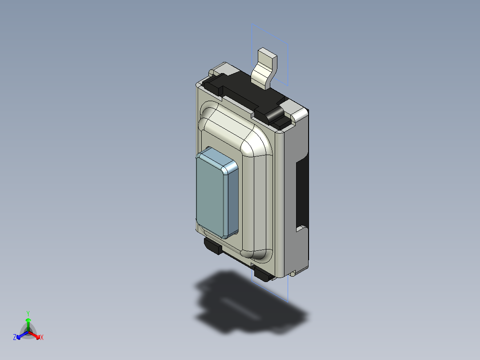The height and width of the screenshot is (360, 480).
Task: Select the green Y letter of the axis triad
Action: pyautogui.click(x=28, y=313)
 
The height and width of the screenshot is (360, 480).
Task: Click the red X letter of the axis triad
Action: pyautogui.click(x=41, y=338)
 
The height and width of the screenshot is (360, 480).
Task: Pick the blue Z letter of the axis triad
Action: pyautogui.click(x=15, y=337)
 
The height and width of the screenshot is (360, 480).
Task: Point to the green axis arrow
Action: pyautogui.click(x=28, y=323)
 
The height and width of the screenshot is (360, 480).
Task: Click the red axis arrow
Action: pyautogui.click(x=35, y=334)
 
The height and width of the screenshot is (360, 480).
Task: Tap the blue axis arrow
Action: pyautogui.click(x=20, y=334)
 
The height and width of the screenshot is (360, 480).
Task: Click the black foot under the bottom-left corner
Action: pyautogui.click(x=212, y=246)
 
